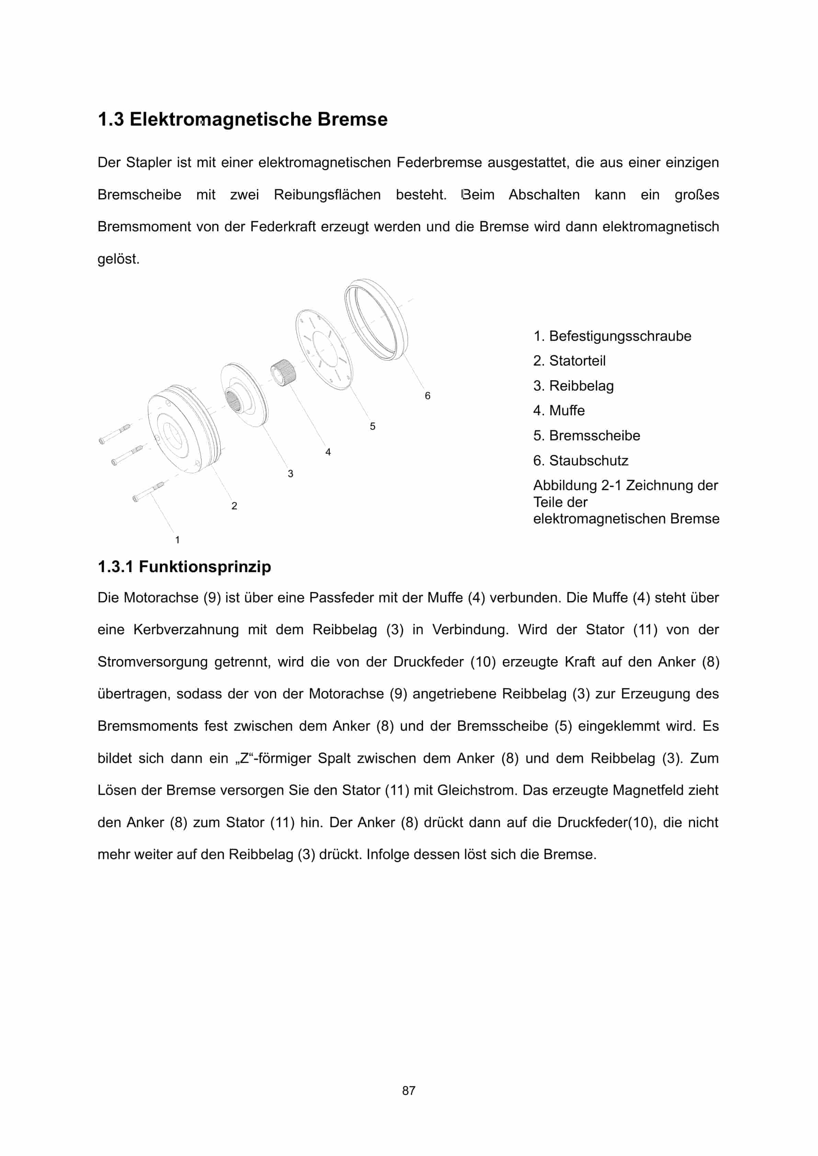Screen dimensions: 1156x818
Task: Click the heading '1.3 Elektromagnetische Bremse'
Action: click(x=242, y=119)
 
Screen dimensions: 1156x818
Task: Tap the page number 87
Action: click(x=409, y=1090)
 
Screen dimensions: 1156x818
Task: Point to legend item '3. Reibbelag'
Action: click(x=573, y=386)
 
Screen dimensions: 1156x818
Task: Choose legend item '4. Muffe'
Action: click(x=559, y=411)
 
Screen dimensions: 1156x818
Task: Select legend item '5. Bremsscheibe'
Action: click(x=586, y=436)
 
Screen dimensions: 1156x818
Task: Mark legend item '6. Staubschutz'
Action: click(x=580, y=460)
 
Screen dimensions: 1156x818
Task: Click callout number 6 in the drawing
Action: click(x=427, y=396)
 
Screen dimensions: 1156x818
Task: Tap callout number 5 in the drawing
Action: click(x=372, y=426)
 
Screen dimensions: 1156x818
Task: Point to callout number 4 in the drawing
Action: click(x=328, y=452)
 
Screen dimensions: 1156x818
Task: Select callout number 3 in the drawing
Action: click(x=290, y=474)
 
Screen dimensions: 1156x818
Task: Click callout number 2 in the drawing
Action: click(x=234, y=506)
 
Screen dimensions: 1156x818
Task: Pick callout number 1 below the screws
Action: click(x=177, y=540)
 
